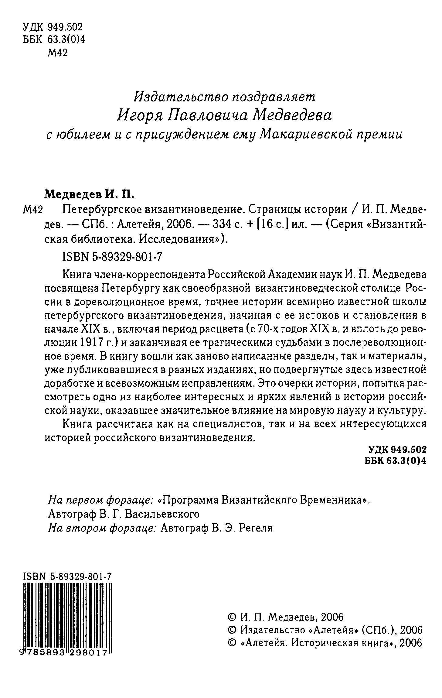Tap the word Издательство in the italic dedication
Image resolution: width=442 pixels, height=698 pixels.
coord(178,97)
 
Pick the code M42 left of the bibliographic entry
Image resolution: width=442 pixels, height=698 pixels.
coord(33,210)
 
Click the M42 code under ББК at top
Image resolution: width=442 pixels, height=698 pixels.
coord(58,53)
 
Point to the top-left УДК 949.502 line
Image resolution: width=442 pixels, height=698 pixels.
coord(53,27)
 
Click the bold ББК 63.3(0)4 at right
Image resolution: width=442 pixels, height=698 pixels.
coord(395,461)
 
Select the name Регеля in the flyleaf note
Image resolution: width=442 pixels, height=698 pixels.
coord(256,528)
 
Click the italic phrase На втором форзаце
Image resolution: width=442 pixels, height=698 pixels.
coord(102,528)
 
